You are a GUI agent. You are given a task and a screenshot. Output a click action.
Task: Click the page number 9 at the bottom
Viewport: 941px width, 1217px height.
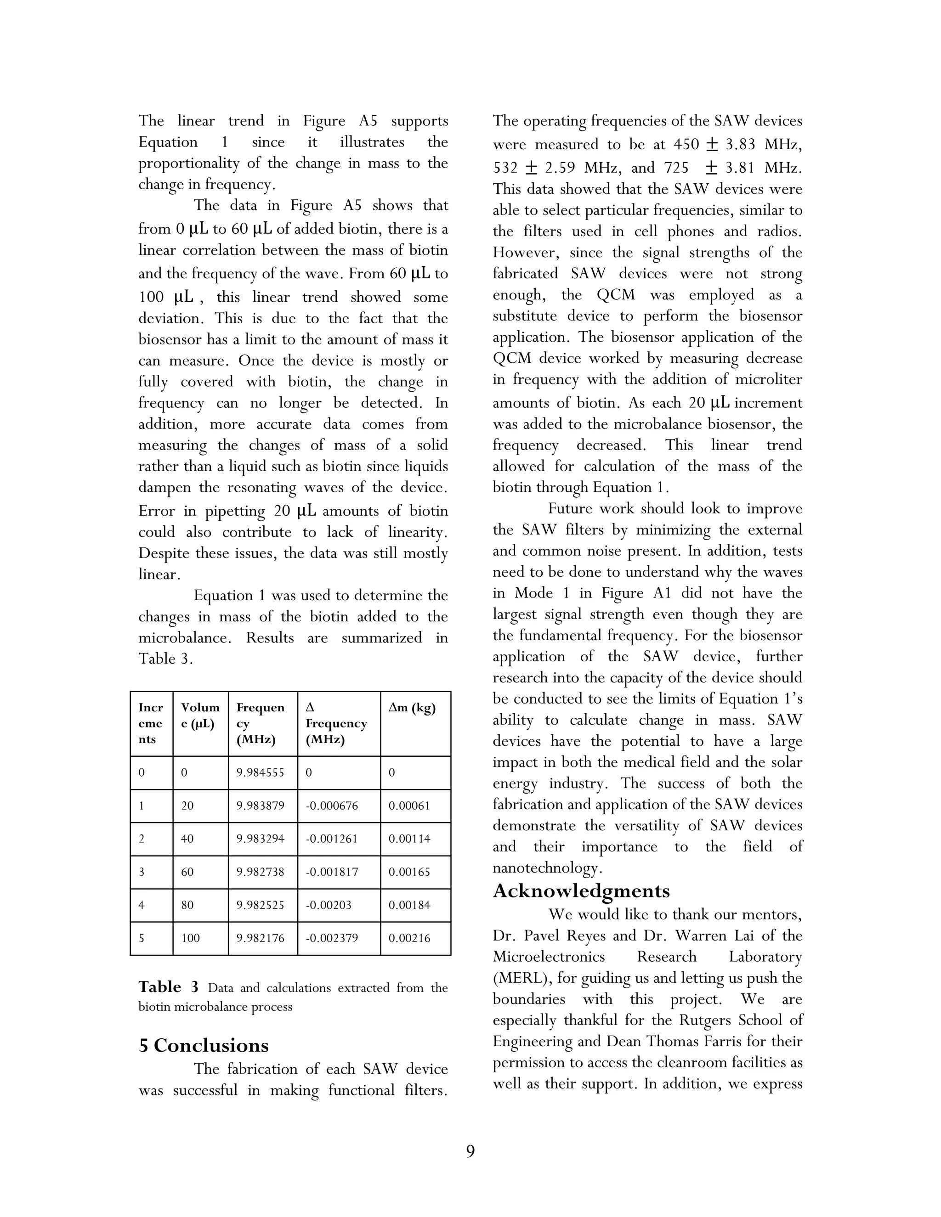[x=470, y=1151]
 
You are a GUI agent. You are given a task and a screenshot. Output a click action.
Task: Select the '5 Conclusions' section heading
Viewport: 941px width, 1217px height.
[x=204, y=1045]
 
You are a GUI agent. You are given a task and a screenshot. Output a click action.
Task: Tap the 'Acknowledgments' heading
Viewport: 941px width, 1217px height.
[x=581, y=891]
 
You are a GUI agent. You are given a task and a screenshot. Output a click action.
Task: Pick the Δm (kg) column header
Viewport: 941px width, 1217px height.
[x=412, y=708]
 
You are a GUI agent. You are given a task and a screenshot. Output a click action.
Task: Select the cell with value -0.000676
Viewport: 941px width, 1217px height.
[x=332, y=806]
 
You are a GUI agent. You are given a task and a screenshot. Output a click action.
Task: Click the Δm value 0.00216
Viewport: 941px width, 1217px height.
[x=409, y=938]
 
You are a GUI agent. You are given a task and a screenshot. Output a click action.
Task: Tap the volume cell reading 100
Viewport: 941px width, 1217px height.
[x=190, y=938]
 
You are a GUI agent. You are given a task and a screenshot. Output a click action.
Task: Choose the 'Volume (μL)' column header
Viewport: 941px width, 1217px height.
[x=199, y=716]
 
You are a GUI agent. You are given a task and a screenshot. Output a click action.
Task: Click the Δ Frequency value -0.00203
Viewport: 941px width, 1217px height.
[x=329, y=905]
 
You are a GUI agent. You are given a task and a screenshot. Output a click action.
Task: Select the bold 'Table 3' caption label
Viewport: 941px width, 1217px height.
[x=168, y=987]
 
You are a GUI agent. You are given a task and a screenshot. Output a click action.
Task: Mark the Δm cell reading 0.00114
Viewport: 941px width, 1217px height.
[x=409, y=839]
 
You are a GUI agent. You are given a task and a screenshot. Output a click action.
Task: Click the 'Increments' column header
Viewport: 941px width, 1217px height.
[x=151, y=723]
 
